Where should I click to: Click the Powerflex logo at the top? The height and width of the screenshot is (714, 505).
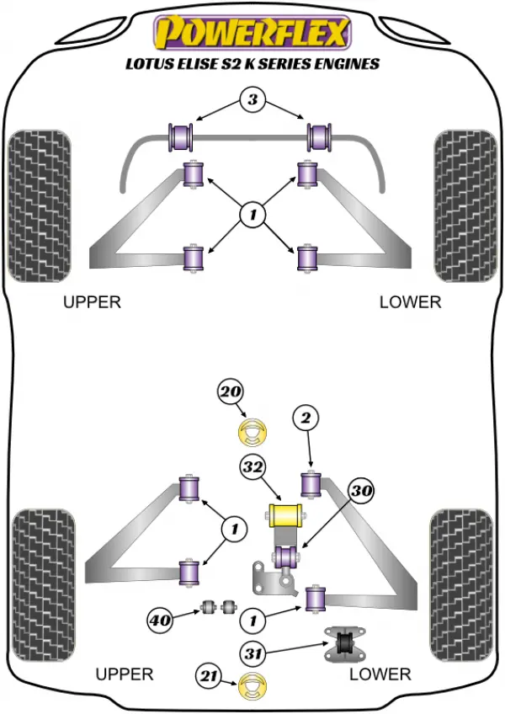pos(252,32)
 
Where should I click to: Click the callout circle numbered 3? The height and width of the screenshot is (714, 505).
pos(252,99)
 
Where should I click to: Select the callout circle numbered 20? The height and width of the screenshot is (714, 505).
pos(231,392)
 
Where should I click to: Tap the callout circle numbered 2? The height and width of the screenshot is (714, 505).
pos(306,418)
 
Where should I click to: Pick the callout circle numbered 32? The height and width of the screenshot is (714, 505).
pos(252,466)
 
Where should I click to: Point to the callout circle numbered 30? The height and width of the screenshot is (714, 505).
pos(362,490)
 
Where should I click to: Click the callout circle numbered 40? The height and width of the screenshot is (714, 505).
pos(160,620)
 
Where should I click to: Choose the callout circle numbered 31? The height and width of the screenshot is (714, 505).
pos(252,654)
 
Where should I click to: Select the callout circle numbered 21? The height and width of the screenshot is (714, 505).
pos(210,676)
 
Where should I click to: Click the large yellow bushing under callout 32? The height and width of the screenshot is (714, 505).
pos(285,514)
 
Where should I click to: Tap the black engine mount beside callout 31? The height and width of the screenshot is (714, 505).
pos(345,643)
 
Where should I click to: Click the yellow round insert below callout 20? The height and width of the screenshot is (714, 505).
pos(252,433)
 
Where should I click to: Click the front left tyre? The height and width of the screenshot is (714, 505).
pos(40,205)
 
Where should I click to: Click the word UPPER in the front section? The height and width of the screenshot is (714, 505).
pos(92,302)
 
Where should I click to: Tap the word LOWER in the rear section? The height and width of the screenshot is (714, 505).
pos(380,674)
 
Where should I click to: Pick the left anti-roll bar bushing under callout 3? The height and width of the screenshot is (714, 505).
pos(181,136)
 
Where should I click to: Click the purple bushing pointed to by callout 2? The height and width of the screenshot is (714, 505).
pos(311,485)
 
